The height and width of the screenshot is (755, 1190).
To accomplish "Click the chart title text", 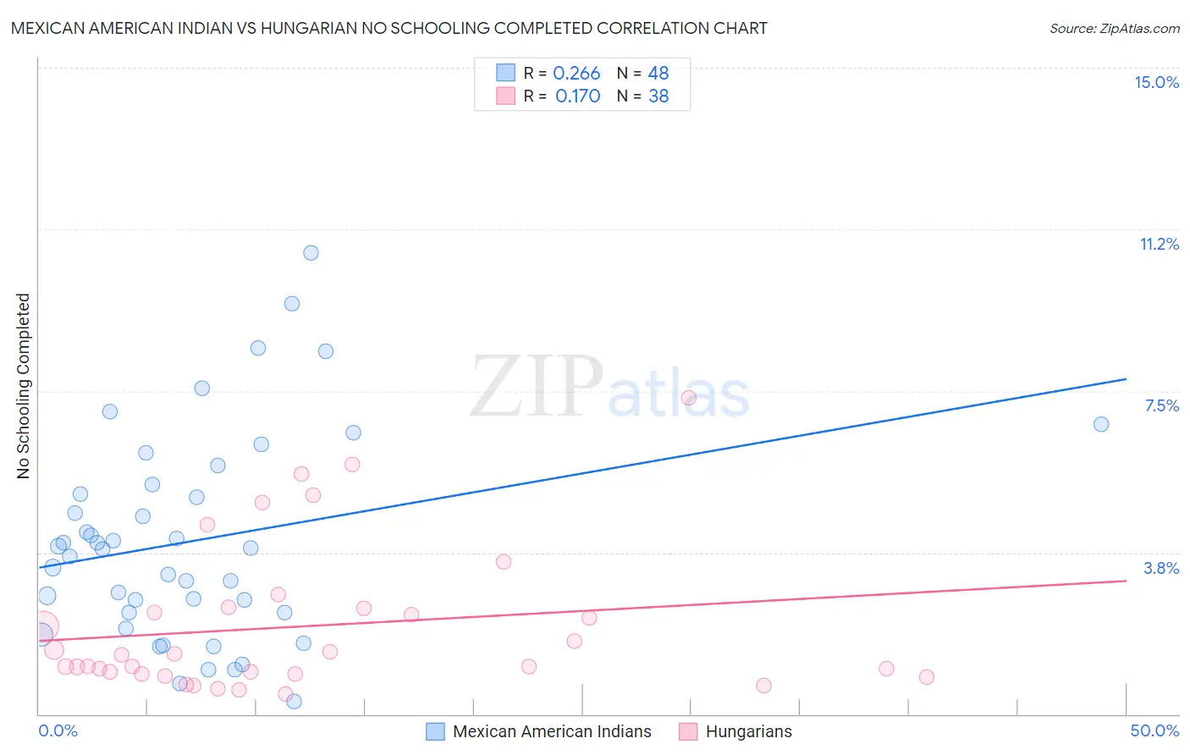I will pyautogui.click(x=389, y=29).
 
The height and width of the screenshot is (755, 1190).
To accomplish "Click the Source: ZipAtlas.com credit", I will pyautogui.click(x=1114, y=29).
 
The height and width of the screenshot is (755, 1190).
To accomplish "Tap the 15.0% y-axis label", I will pyautogui.click(x=1156, y=82).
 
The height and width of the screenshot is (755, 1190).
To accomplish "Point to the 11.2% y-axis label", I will pyautogui.click(x=1159, y=244).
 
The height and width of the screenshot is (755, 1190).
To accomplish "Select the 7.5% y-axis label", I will pyautogui.click(x=1161, y=405).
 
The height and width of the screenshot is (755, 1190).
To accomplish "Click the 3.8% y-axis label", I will pyautogui.click(x=1161, y=568).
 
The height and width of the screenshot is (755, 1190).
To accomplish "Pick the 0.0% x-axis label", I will pyautogui.click(x=58, y=730).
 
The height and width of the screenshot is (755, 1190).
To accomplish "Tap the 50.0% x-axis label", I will pyautogui.click(x=1154, y=730).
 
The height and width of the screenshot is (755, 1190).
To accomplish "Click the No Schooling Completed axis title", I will pyautogui.click(x=24, y=386).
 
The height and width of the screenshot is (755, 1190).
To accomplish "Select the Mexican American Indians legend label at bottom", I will pyautogui.click(x=552, y=731).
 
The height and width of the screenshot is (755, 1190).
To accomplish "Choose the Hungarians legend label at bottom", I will pyautogui.click(x=748, y=731).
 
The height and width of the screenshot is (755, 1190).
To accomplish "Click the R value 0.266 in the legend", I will pyautogui.click(x=576, y=74).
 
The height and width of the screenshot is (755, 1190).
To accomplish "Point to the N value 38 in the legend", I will pyautogui.click(x=658, y=96).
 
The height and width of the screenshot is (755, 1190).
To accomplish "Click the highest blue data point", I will pyautogui.click(x=311, y=253).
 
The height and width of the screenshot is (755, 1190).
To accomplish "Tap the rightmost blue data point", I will pyautogui.click(x=1101, y=424).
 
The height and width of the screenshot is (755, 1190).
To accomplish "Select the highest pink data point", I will pyautogui.click(x=689, y=398).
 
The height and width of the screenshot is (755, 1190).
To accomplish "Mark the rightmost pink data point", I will pyautogui.click(x=927, y=677).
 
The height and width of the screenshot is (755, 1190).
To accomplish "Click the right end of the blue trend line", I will pyautogui.click(x=1126, y=379).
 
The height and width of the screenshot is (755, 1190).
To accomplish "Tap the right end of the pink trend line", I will pyautogui.click(x=1126, y=581).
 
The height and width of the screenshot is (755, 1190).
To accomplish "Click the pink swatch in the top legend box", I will pyautogui.click(x=505, y=96).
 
